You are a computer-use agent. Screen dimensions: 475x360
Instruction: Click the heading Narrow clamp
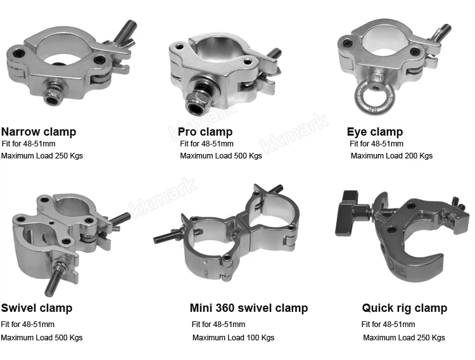pyautogui.click(x=39, y=132)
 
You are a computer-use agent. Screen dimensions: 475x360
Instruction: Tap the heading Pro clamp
pyautogui.click(x=205, y=132)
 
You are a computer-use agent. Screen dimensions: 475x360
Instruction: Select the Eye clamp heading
pyautogui.click(x=375, y=132)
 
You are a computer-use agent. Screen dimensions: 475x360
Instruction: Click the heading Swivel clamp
pyautogui.click(x=37, y=308)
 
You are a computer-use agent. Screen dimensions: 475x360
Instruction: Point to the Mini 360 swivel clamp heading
pyautogui.click(x=249, y=308)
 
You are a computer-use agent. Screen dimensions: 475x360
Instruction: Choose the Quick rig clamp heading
pyautogui.click(x=405, y=308)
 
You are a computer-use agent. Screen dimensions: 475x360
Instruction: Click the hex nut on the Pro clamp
pyautogui.click(x=195, y=103)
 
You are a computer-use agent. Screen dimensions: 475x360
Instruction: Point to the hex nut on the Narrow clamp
pyautogui.click(x=54, y=94)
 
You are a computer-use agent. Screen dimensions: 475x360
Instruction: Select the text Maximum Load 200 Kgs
pyautogui.click(x=391, y=156)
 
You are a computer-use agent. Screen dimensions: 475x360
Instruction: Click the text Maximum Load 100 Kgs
pyautogui.click(x=233, y=338)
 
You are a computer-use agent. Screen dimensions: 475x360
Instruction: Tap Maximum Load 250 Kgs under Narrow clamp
pyautogui.click(x=42, y=156)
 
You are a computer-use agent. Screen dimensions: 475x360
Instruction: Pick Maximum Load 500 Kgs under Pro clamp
pyautogui.click(x=221, y=156)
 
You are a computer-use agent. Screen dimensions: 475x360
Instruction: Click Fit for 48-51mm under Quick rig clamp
pyautogui.click(x=388, y=325)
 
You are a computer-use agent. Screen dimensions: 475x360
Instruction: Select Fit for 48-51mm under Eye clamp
pyautogui.click(x=376, y=144)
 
